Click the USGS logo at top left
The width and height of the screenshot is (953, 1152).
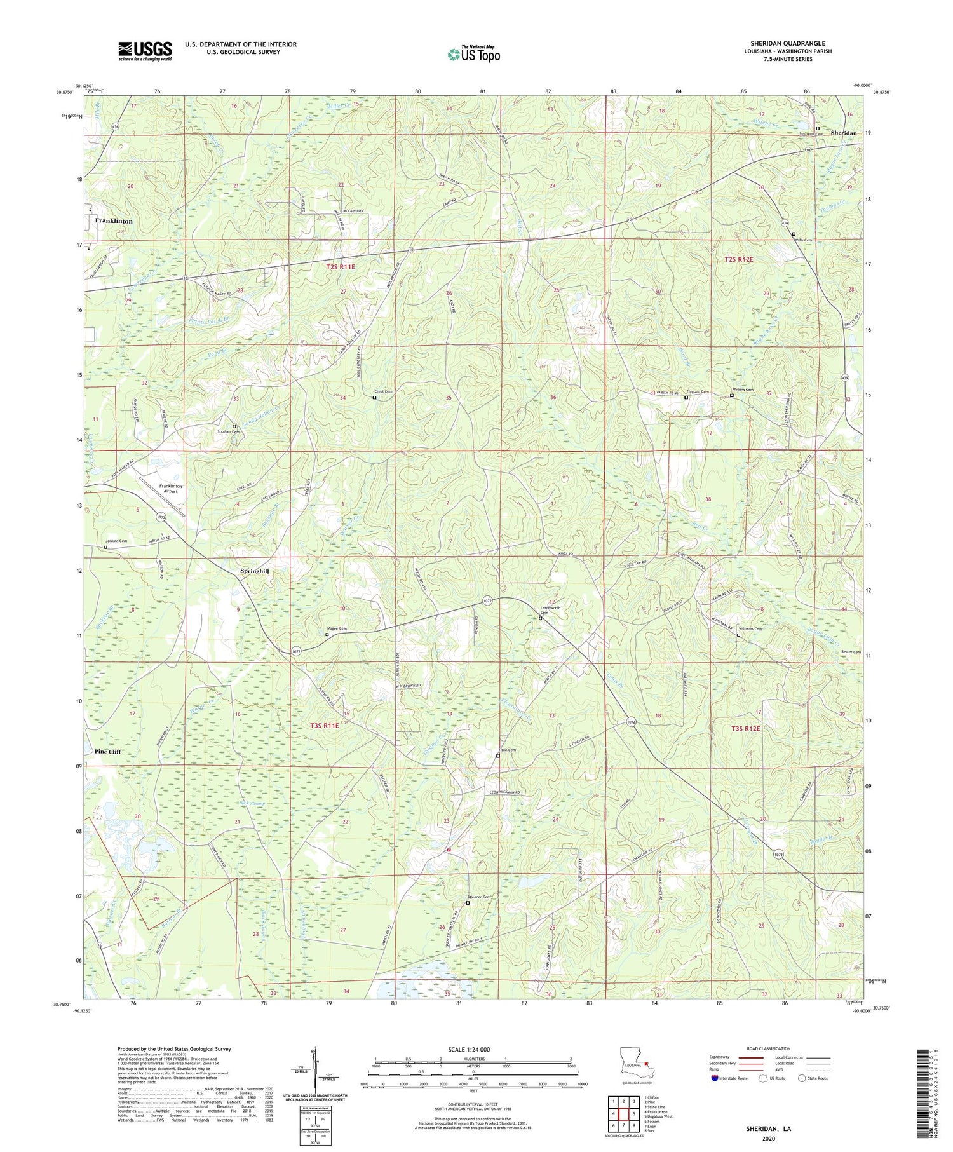(x=144, y=51)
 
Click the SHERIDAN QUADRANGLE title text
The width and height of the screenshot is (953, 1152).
(x=787, y=43)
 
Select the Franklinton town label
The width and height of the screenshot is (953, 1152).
(x=114, y=221)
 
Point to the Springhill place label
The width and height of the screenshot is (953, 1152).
(x=255, y=571)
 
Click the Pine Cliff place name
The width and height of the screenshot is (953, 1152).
(x=107, y=751)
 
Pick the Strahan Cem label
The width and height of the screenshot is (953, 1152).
(x=231, y=432)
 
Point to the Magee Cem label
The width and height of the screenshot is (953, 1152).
(x=339, y=628)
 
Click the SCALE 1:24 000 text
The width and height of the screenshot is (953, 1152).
(x=473, y=1049)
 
